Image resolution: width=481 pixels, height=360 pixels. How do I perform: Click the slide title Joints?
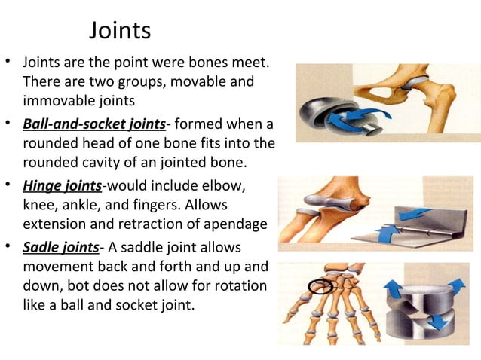click(120, 31)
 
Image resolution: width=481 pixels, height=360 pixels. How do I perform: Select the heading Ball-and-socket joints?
click(94, 124)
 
